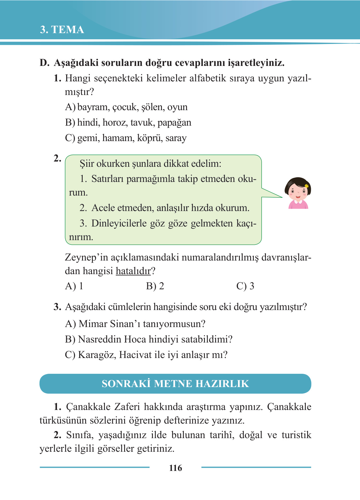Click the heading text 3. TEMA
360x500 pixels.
coord(62,30)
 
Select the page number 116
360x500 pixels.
coord(176,468)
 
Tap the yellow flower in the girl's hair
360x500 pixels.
coord(307,186)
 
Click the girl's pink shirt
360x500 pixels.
coord(298,205)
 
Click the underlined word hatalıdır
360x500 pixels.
coord(133,271)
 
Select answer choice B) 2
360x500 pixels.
coord(155,286)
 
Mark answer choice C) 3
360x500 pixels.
coord(245,286)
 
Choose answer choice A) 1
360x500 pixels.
coord(74,286)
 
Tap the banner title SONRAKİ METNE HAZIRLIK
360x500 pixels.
coord(175,384)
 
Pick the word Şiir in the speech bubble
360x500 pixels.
coord(87,164)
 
